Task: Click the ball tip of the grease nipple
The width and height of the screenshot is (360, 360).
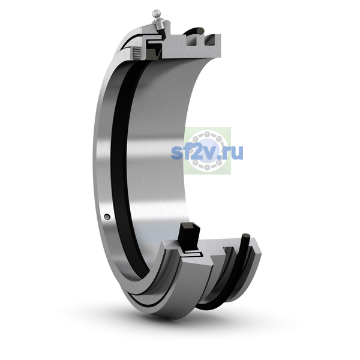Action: (156, 13)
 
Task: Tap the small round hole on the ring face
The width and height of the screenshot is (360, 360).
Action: (107, 217)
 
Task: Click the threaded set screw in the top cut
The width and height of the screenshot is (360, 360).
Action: (137, 53)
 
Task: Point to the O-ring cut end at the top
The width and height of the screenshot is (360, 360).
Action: (200, 31)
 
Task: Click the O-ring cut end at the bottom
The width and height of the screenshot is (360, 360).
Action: (245, 237)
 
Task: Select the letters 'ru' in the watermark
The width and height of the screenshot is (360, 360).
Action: (234, 153)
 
